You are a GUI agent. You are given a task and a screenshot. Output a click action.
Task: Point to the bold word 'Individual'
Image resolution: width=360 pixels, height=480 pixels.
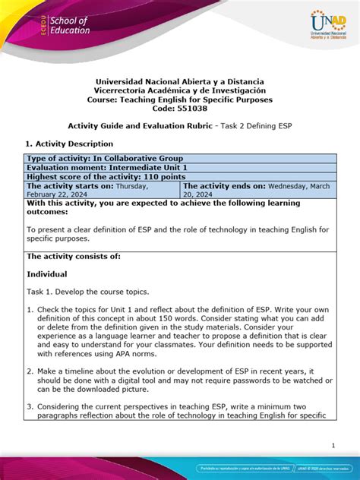click(x=47, y=273)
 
